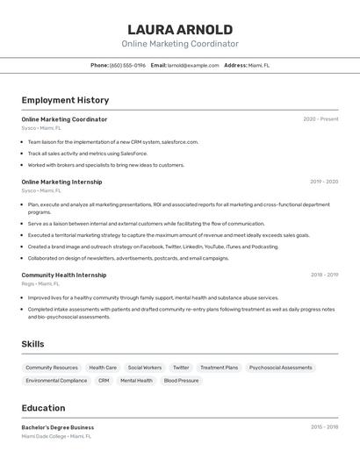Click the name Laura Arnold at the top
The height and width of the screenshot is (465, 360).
[180, 30]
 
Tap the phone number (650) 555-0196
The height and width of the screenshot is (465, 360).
[127, 65]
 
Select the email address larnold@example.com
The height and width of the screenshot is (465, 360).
[193, 65]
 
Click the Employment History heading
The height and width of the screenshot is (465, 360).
[65, 100]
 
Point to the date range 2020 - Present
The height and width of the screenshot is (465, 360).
[320, 119]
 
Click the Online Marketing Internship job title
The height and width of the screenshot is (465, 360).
[61, 182]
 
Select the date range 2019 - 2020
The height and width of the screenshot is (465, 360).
[324, 182]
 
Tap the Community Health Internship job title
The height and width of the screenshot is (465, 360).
[64, 275]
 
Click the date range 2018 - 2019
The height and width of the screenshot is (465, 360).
[324, 275]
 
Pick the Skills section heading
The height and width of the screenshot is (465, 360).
[32, 344]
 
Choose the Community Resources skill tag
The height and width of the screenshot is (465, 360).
[52, 368]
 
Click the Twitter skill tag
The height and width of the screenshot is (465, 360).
[181, 368]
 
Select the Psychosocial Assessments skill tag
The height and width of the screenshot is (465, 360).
[280, 368]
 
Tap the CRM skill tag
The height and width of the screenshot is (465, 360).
[104, 381]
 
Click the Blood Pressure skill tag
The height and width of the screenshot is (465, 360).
[181, 381]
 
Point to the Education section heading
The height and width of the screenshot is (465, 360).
[43, 408]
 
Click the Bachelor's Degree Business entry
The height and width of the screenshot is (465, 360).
[58, 427]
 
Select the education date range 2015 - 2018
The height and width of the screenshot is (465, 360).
[324, 427]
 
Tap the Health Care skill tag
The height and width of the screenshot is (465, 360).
[103, 368]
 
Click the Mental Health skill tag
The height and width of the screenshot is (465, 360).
[136, 381]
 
